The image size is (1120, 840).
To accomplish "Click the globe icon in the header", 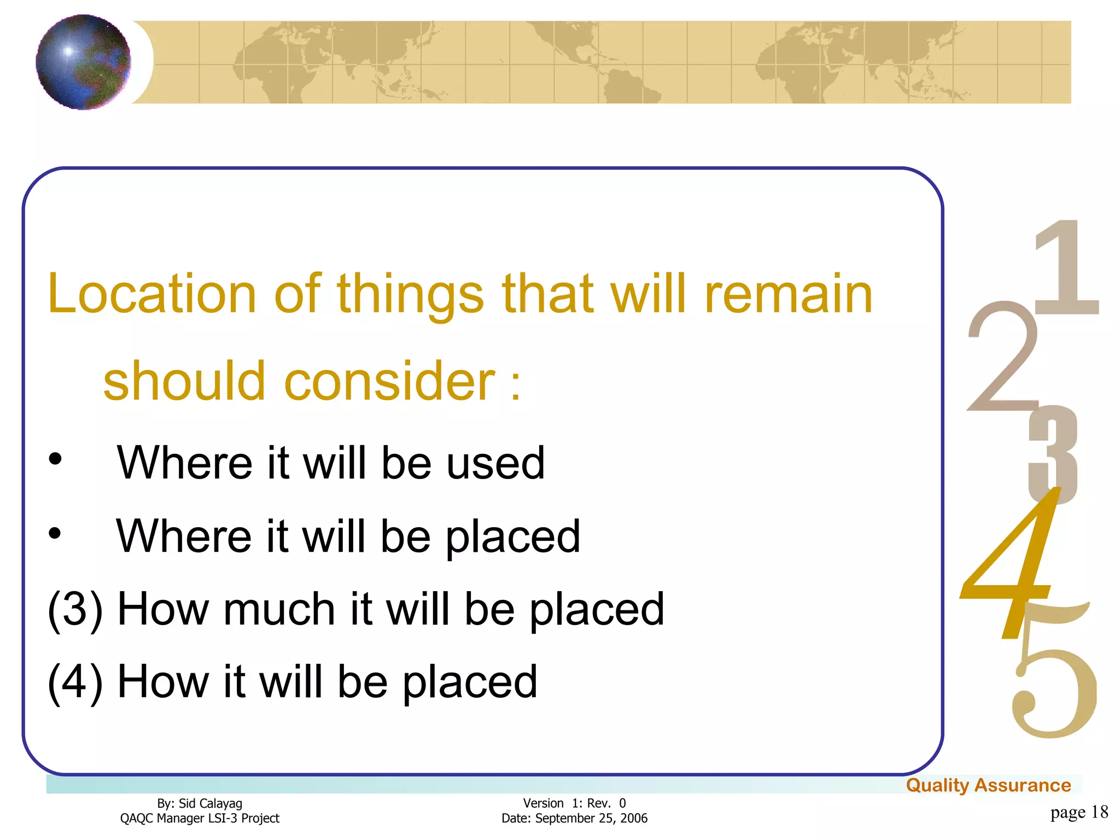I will [83, 62].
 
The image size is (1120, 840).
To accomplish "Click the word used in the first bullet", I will [495, 463].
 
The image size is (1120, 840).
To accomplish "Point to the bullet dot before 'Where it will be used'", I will [55, 460].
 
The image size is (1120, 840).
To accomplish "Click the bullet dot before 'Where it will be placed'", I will [55, 533].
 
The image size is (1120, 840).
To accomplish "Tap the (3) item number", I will [75, 609].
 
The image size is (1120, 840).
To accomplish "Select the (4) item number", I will [75, 682].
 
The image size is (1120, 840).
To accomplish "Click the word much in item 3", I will [279, 609].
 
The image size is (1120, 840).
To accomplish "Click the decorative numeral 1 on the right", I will [1066, 268].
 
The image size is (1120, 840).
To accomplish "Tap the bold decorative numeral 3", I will [1053, 454].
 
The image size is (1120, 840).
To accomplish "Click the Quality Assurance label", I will [988, 785].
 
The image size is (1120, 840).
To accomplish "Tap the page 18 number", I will [1079, 812].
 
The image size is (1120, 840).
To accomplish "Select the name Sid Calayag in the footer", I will [211, 803].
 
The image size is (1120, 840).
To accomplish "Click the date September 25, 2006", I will [591, 819].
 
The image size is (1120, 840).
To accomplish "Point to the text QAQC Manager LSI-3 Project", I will [200, 819].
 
